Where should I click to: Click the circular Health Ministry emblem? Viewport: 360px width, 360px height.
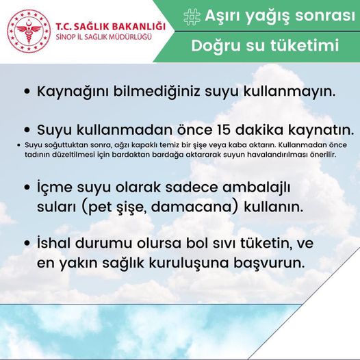[29, 30]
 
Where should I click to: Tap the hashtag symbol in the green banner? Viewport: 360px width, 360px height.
[192, 16]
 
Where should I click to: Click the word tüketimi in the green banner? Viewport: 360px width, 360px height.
[305, 45]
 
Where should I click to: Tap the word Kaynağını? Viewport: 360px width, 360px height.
[74, 92]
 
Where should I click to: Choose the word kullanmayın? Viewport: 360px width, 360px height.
[290, 92]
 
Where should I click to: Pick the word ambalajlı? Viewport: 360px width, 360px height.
[257, 188]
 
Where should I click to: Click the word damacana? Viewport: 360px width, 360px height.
[194, 207]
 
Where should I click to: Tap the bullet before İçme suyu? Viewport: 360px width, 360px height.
[27, 188]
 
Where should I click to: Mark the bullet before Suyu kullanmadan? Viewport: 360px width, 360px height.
[27, 130]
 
